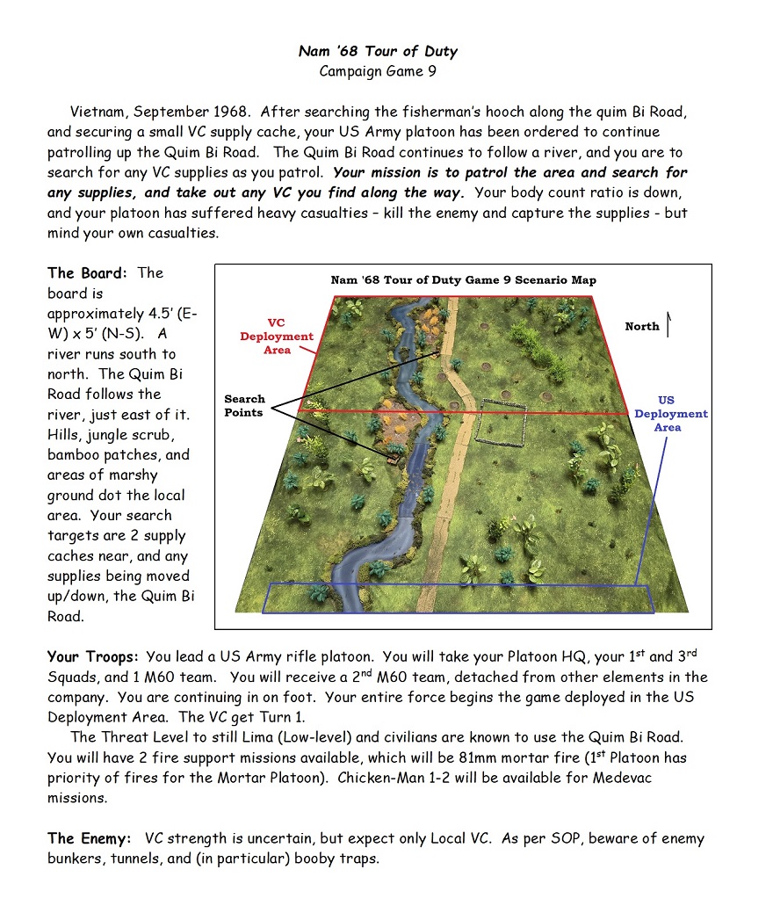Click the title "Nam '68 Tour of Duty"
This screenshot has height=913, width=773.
[378, 51]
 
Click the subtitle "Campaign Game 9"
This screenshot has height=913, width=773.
[378, 71]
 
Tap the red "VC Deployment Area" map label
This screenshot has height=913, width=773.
[277, 337]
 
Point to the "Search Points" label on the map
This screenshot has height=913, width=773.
[244, 405]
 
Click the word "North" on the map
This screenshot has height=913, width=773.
[642, 326]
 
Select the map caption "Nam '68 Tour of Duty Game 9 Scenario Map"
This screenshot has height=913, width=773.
[463, 280]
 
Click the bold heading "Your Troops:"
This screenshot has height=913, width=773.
[94, 656]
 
